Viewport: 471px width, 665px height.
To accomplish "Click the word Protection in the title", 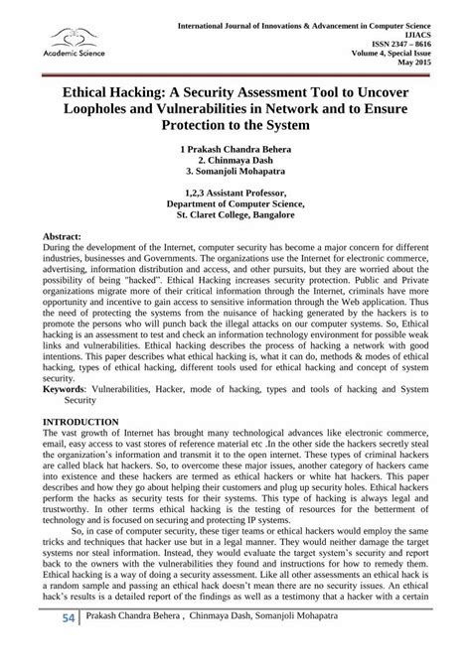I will (186, 126).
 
